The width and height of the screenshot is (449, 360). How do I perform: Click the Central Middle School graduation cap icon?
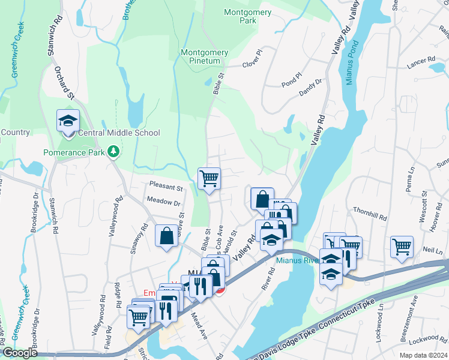(68, 122)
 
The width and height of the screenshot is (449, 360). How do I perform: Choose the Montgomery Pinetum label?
(205, 57)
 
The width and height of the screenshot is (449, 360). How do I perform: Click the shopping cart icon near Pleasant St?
(209, 178)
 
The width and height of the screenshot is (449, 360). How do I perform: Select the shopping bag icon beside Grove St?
(166, 235)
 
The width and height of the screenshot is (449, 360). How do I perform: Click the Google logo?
(20, 353)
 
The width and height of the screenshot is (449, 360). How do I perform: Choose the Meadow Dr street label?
(163, 203)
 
